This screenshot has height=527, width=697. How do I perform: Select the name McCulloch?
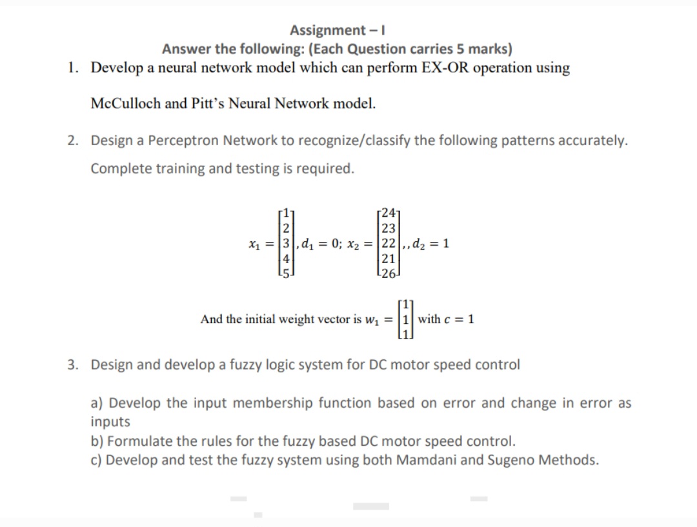coord(125,103)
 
